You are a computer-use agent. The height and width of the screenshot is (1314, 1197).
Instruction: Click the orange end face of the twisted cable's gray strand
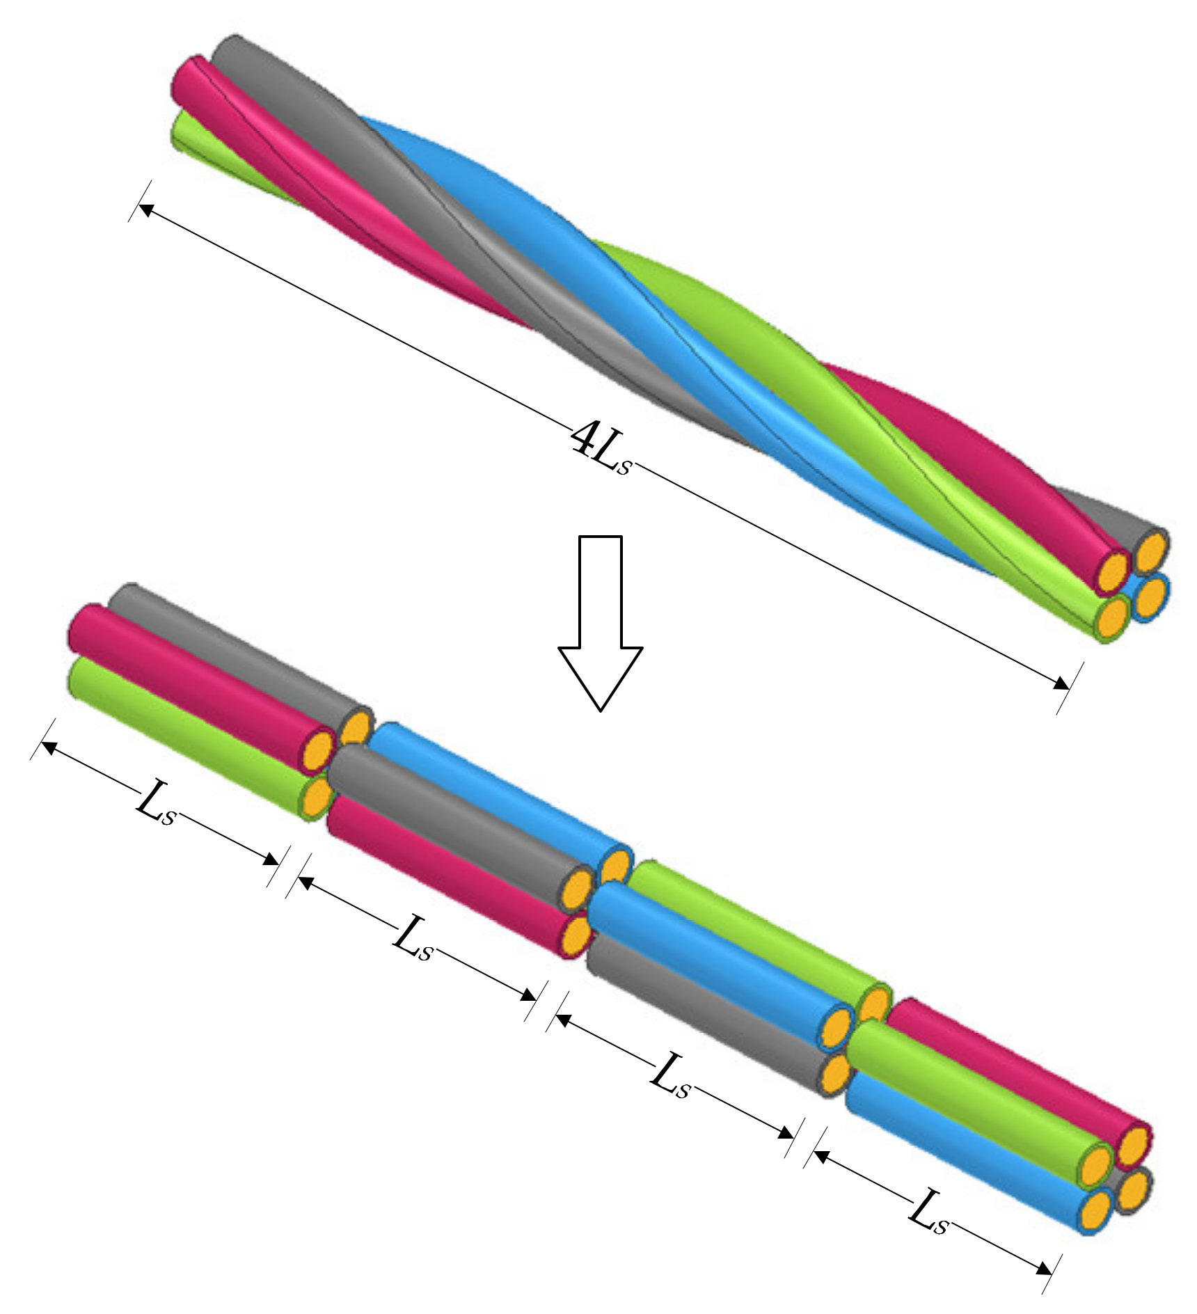point(1152,550)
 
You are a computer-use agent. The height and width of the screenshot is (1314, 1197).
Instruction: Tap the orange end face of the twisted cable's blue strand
point(1150,594)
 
